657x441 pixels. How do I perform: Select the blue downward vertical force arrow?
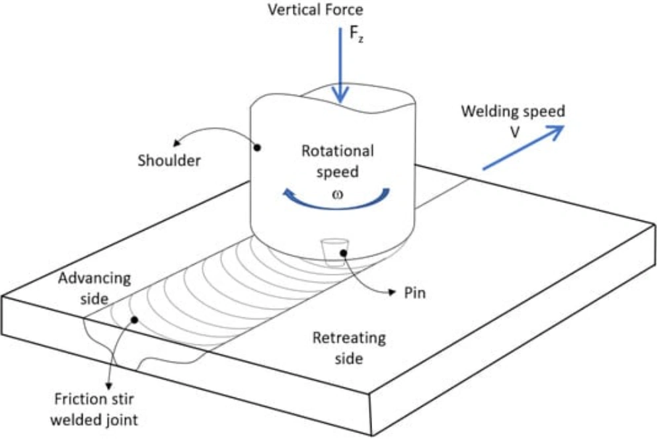[340, 73]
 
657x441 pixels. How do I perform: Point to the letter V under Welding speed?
[514, 132]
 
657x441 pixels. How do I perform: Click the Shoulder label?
[169, 161]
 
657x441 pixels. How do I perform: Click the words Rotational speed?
[338, 161]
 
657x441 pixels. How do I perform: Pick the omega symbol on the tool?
[337, 194]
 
